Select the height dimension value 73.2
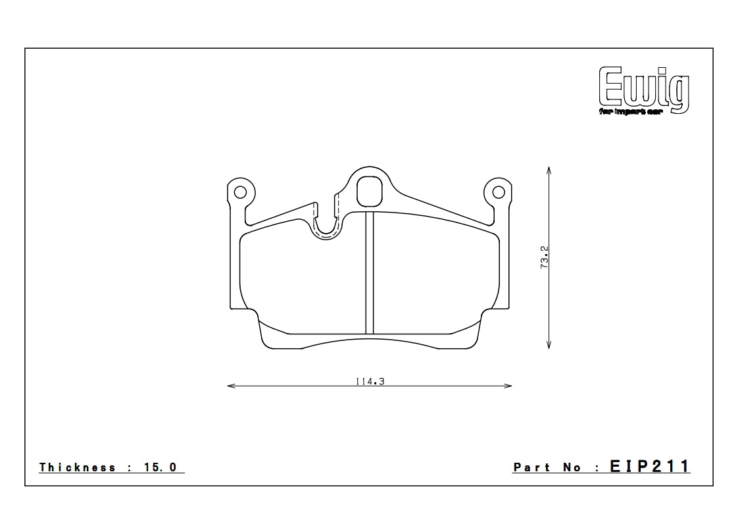[x=544, y=257]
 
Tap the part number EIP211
[x=649, y=467]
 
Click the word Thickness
[x=78, y=467]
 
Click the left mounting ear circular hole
[x=240, y=192]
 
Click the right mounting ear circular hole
[x=499, y=192]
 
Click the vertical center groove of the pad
[x=370, y=273]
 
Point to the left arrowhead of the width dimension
[x=229, y=386]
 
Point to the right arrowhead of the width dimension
[x=510, y=386]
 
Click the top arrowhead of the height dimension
[x=549, y=169]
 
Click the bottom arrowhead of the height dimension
[x=549, y=346]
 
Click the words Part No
[x=547, y=467]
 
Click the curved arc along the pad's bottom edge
[x=370, y=340]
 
